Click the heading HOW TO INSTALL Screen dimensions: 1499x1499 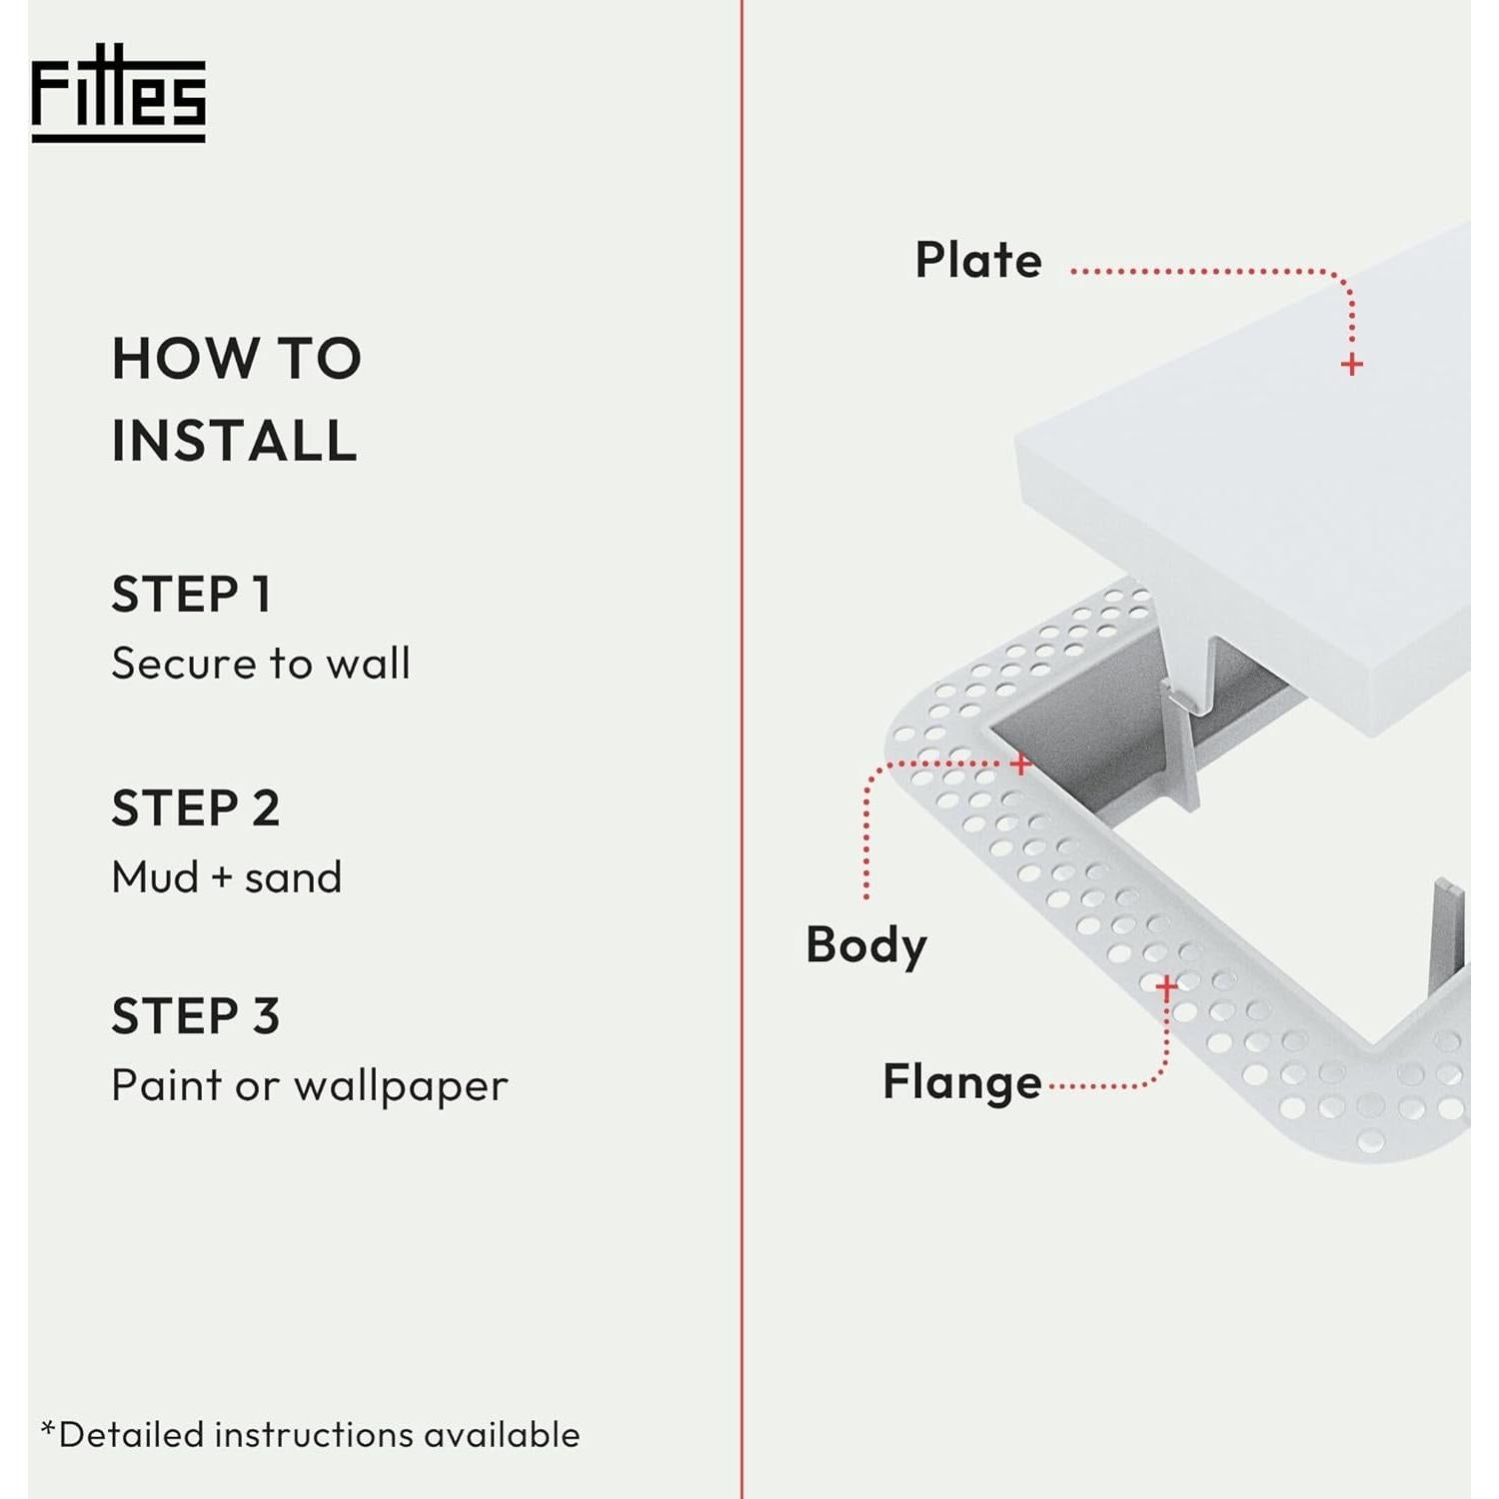236,399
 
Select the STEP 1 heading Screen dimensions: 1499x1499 191,595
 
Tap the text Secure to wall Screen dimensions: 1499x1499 261,664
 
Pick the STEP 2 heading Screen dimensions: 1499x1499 196,808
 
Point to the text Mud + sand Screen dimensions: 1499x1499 227,877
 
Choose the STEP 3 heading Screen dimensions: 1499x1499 196,1016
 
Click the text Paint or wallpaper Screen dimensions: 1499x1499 310,1086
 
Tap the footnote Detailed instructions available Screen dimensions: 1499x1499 311,1434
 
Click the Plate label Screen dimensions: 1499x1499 978,260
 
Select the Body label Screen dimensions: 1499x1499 866,944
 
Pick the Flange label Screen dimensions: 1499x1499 961,1082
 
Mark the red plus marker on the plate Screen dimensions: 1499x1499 1351,365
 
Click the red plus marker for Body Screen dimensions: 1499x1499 1020,764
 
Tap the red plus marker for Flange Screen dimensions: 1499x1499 1166,987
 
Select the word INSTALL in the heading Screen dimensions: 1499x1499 234,441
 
